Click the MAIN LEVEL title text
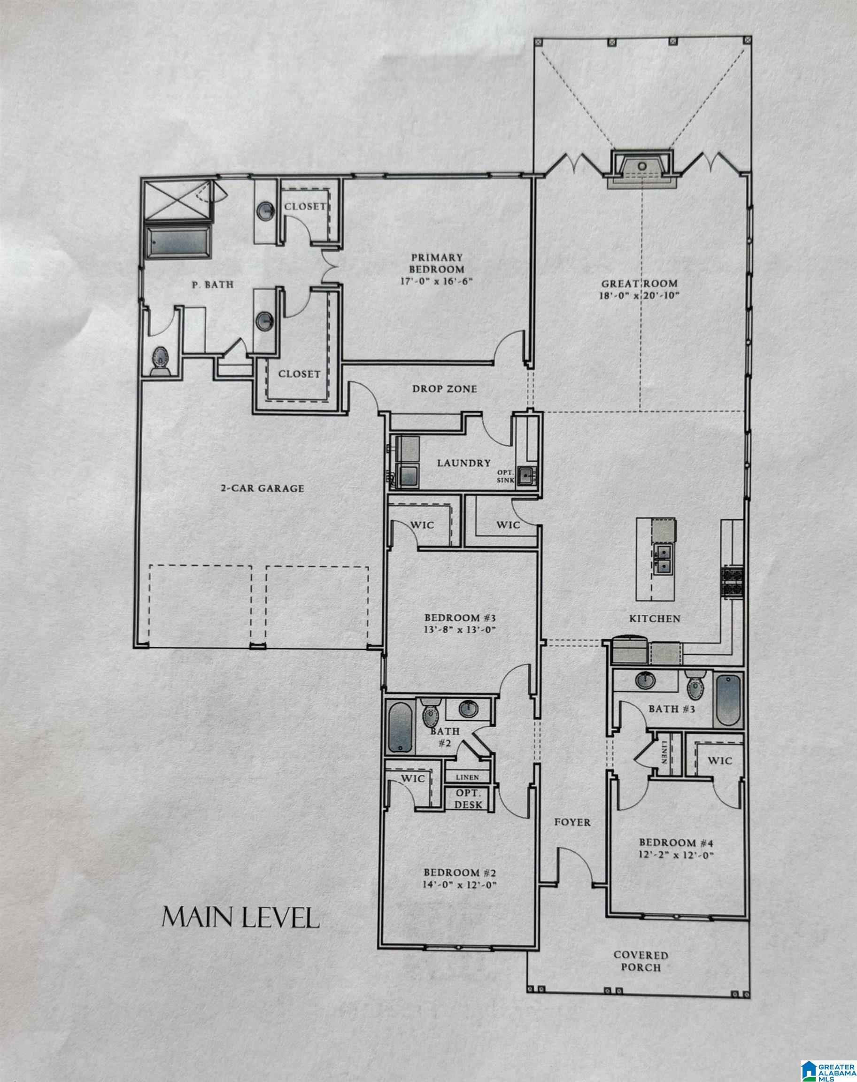[x=240, y=917]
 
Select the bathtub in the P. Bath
[x=178, y=243]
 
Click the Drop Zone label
[x=444, y=389]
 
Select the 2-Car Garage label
[x=263, y=488]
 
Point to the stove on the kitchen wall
[x=732, y=582]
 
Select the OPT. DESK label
[x=468, y=799]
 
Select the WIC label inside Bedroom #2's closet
[x=413, y=778]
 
